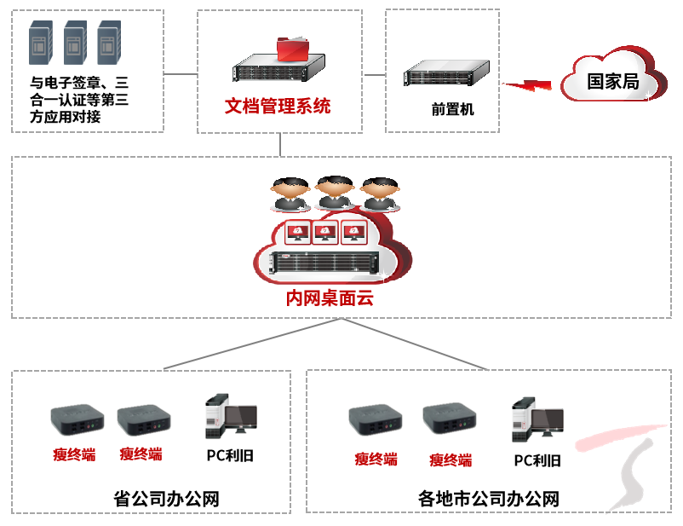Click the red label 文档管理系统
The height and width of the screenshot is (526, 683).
click(x=278, y=107)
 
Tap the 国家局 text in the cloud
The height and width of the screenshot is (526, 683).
click(x=612, y=82)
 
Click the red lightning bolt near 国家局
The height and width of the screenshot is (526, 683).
click(x=528, y=85)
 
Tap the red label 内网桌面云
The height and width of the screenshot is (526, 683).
click(x=329, y=300)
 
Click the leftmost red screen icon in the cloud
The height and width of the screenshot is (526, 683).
click(x=296, y=232)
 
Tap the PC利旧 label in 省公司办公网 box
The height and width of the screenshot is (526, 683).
click(x=230, y=455)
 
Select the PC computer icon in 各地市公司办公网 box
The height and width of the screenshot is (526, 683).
click(x=536, y=420)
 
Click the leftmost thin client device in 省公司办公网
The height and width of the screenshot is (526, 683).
click(x=77, y=417)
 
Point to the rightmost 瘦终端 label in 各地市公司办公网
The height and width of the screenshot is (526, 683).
click(x=451, y=460)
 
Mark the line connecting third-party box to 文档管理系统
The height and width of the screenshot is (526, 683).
click(x=181, y=73)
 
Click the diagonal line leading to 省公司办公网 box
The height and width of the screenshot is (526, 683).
click(x=253, y=344)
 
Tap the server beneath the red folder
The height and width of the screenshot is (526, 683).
click(x=280, y=67)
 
